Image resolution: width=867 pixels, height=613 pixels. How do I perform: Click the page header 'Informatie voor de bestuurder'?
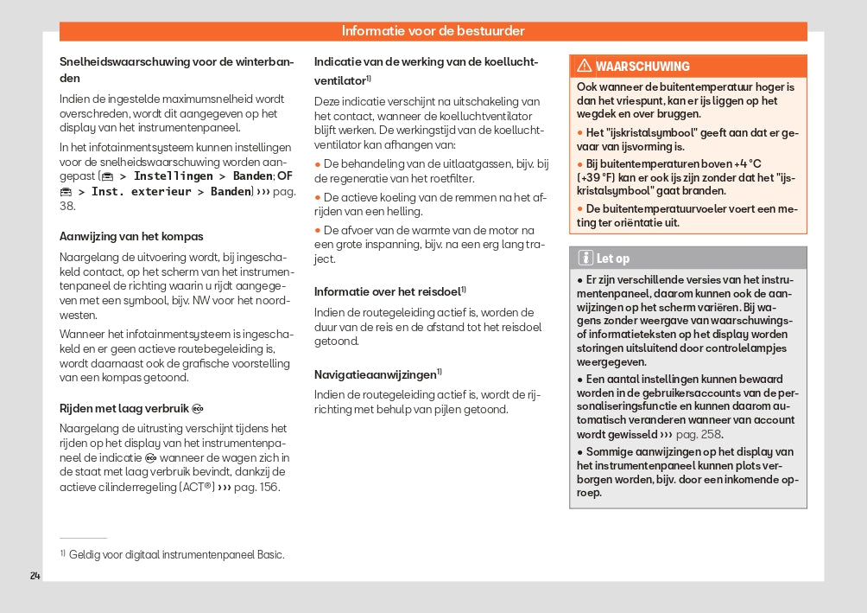tap(433, 31)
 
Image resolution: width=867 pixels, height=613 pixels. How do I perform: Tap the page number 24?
tap(35, 576)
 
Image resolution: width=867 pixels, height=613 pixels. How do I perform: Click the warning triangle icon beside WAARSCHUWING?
tap(585, 67)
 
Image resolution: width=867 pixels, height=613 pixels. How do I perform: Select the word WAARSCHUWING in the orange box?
tap(642, 67)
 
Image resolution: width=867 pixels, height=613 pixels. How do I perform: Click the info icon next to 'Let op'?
tap(585, 258)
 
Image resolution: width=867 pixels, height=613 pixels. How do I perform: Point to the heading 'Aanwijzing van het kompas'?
tap(131, 236)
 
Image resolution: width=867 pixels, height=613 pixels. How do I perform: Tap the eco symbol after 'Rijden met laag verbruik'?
tap(198, 408)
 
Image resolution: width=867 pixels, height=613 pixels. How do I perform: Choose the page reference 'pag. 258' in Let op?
tap(699, 434)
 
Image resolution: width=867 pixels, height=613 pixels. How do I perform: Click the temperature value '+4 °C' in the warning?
tap(744, 163)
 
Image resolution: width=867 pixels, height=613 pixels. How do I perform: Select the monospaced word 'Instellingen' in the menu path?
tap(174, 176)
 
